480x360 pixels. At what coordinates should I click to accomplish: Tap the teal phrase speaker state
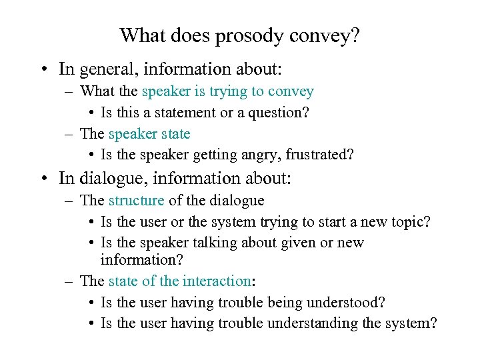pyautogui.click(x=149, y=134)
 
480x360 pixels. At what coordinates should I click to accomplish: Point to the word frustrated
pyautogui.click(x=319, y=155)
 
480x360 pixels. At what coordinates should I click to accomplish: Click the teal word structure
pyautogui.click(x=136, y=200)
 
